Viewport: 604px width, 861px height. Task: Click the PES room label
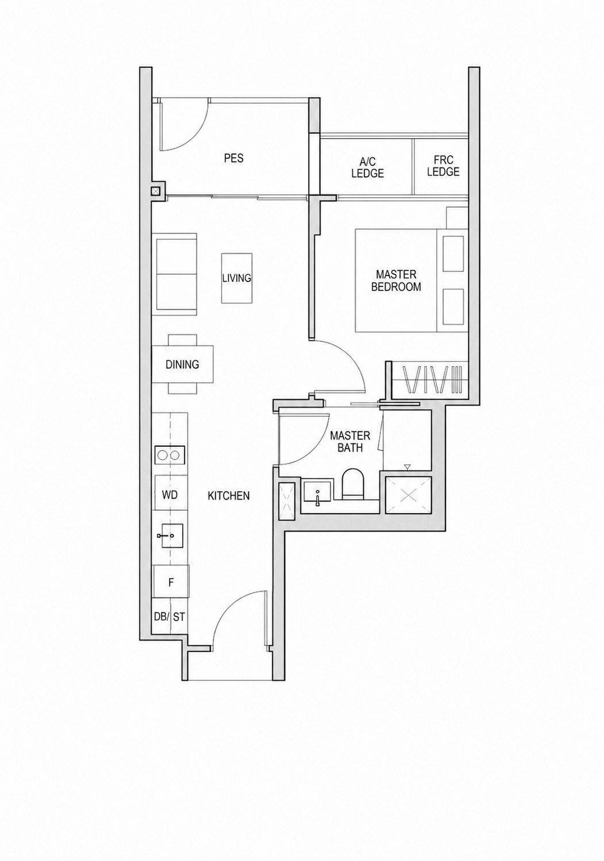[x=233, y=158]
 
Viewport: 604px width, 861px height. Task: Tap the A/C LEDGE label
[x=367, y=167]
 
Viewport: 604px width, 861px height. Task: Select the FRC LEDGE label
[x=443, y=166]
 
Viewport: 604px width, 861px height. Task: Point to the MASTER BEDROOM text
[x=396, y=281]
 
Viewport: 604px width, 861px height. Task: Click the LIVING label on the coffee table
[x=237, y=278]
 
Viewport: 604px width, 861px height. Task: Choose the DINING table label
[x=182, y=364]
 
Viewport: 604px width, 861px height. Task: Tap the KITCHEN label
[x=229, y=496]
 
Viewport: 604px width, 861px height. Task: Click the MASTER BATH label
[x=350, y=441]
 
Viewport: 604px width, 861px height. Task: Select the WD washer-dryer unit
[x=170, y=493]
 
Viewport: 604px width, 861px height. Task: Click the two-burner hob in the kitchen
[x=170, y=456]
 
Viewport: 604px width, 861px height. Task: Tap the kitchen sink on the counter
[x=170, y=535]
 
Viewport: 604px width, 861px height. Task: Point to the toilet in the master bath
[x=352, y=483]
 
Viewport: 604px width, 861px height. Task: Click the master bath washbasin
[x=317, y=491]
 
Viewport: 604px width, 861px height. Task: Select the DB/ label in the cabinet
[x=161, y=617]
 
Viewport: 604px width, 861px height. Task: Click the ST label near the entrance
[x=179, y=617]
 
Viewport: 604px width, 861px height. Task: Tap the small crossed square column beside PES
[x=156, y=191]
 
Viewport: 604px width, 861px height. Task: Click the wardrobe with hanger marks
[x=430, y=379]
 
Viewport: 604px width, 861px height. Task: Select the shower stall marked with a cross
[x=408, y=495]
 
